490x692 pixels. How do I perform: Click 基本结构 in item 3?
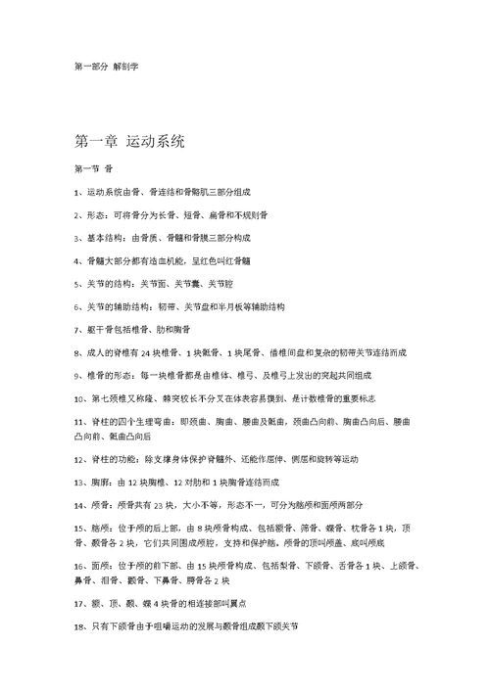tap(105, 237)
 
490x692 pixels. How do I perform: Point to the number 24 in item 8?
tap(145, 352)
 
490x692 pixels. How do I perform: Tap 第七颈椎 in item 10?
tap(113, 399)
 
